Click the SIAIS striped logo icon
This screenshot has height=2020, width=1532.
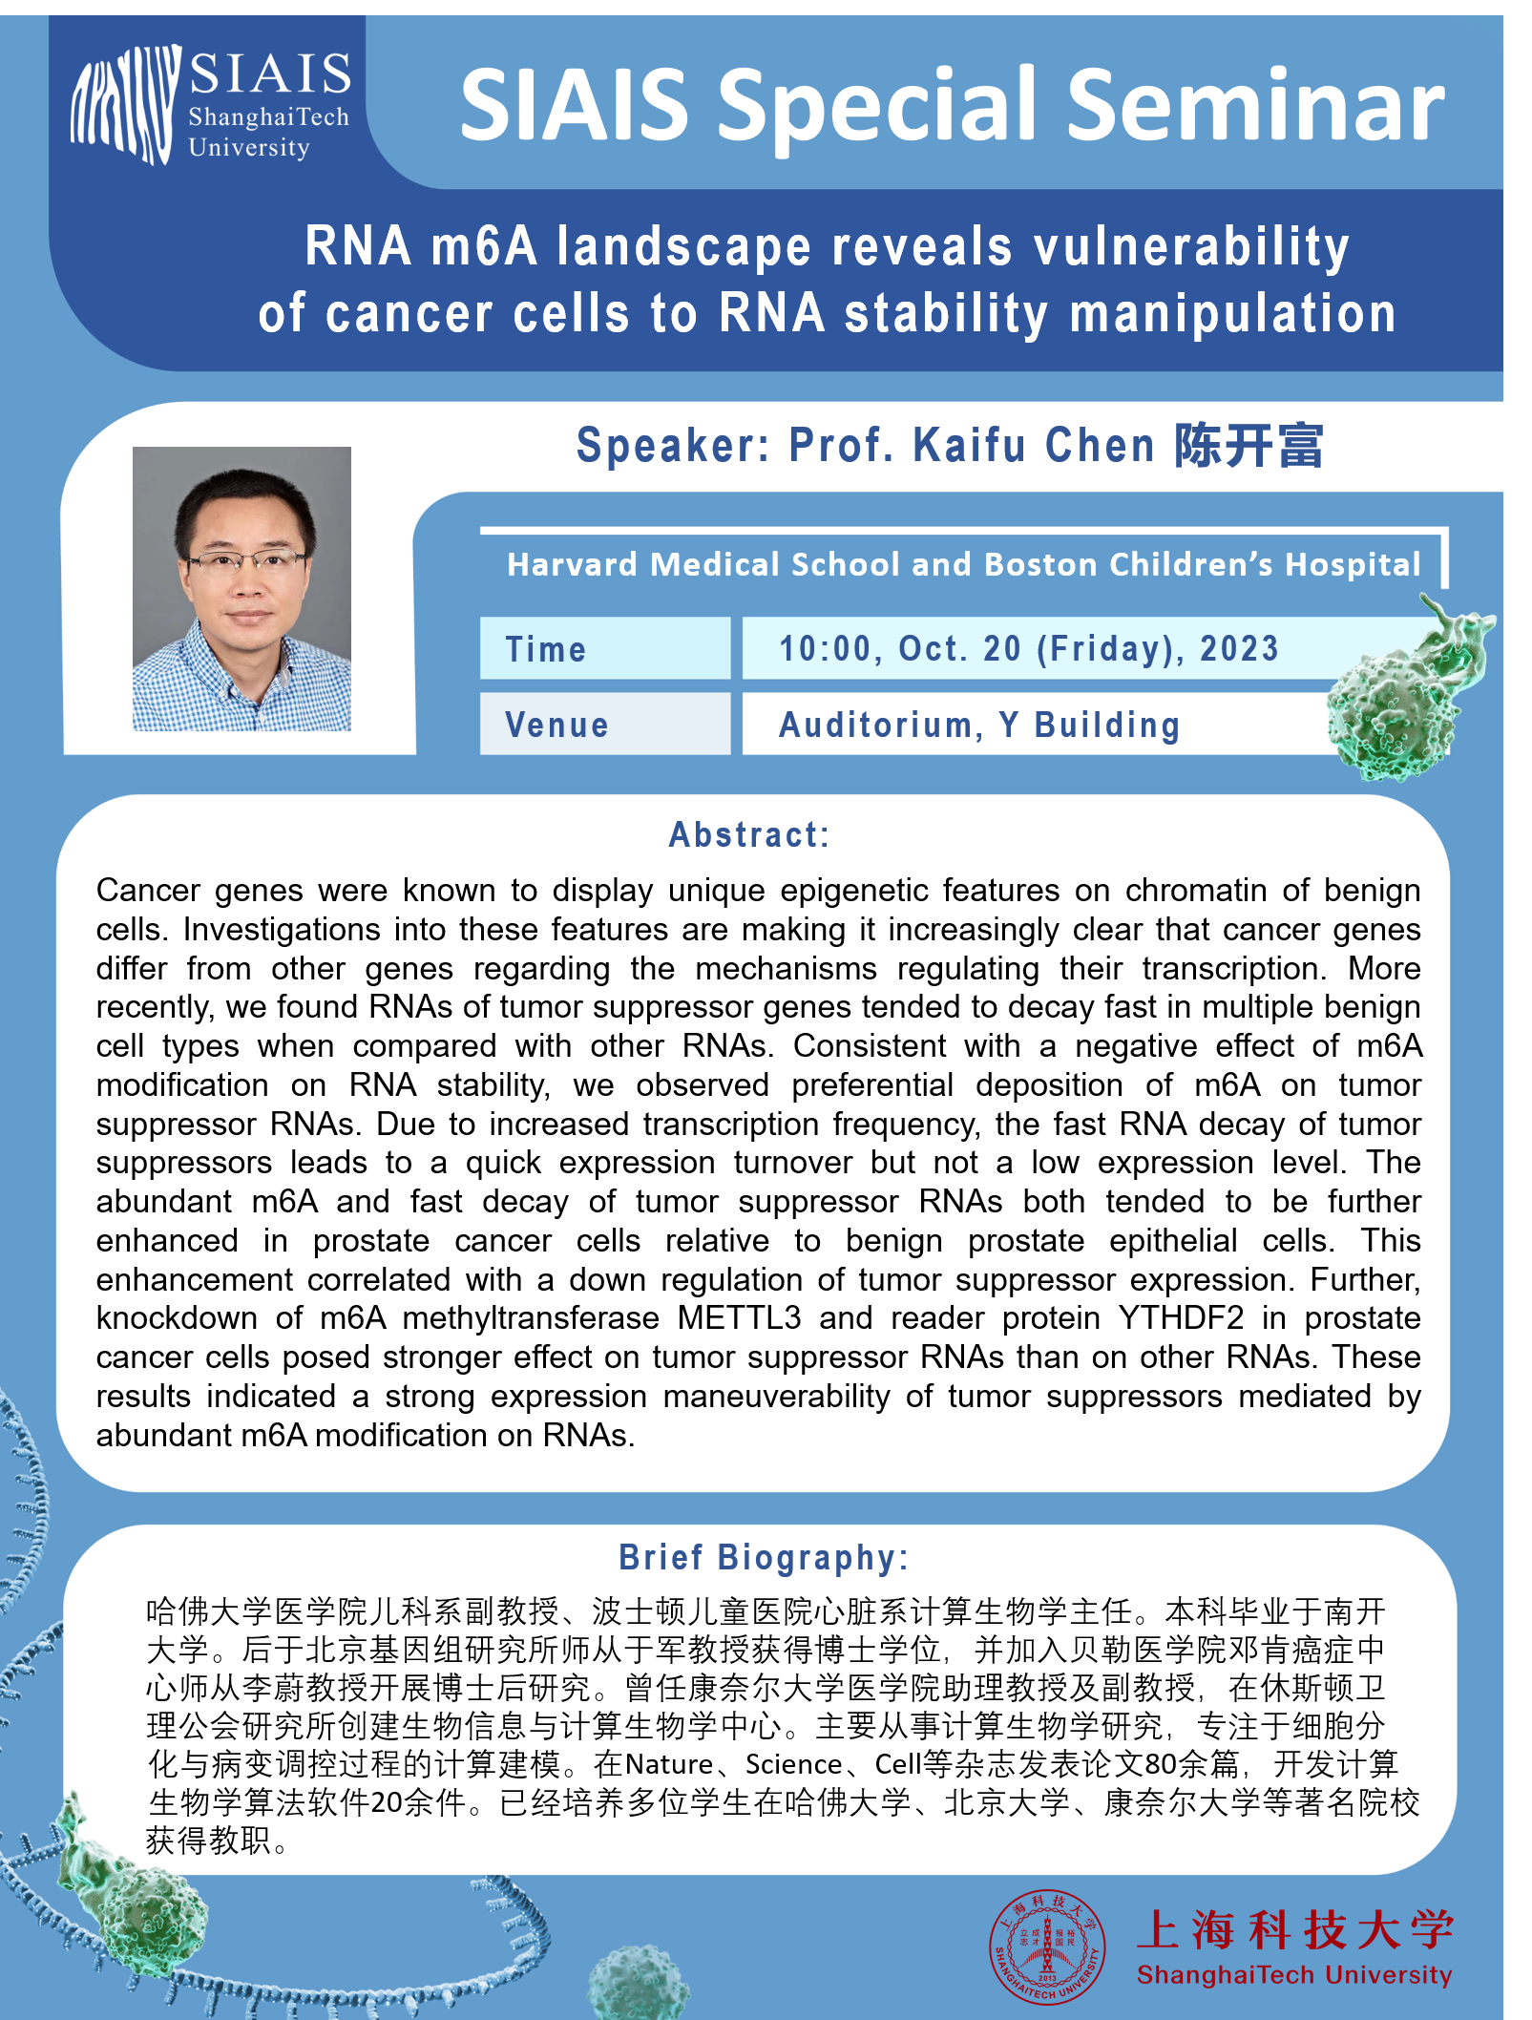pyautogui.click(x=124, y=105)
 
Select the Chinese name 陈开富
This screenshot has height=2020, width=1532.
pyautogui.click(x=1249, y=445)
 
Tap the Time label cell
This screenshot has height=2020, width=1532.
pyautogui.click(x=605, y=648)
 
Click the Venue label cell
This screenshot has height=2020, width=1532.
pyautogui.click(x=605, y=724)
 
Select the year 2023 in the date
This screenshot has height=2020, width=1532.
pyautogui.click(x=1239, y=648)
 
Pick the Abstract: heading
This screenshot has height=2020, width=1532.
pyautogui.click(x=749, y=834)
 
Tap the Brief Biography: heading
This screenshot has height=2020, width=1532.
pyautogui.click(x=764, y=1557)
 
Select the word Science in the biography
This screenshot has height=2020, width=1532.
pyautogui.click(x=794, y=1764)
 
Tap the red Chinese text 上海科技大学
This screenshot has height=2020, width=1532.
pyautogui.click(x=1295, y=1929)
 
